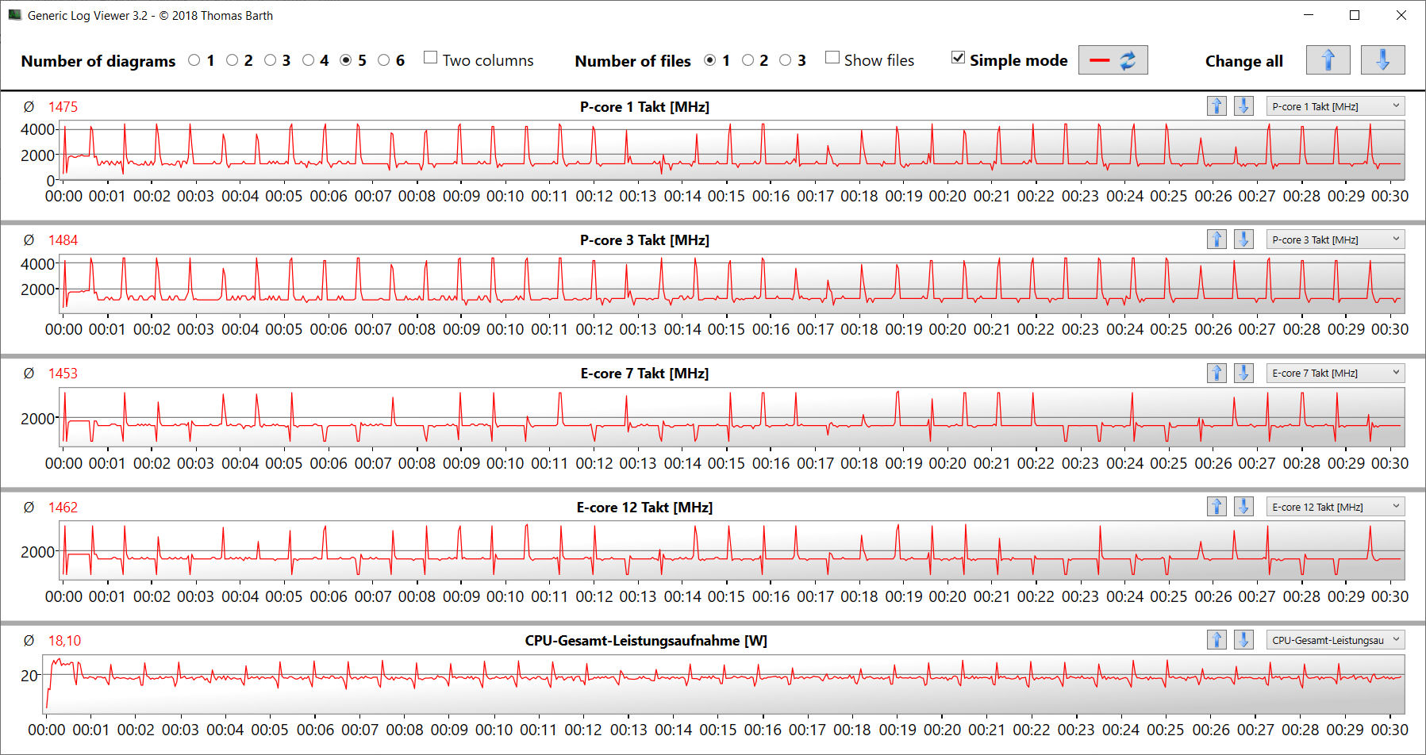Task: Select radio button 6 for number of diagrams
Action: coord(384,60)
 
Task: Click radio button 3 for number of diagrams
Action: coord(271,60)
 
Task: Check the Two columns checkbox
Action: coord(431,58)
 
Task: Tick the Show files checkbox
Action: coord(832,58)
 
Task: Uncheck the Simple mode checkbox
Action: coord(959,58)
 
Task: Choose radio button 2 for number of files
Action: coord(748,60)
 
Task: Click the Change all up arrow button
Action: coord(1328,60)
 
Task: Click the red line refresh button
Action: coord(1113,60)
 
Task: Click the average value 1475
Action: coord(63,107)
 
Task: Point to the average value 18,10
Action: coord(64,641)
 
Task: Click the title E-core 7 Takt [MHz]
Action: coord(644,374)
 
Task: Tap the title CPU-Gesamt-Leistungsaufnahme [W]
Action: coord(646,641)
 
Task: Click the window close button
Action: coord(1401,15)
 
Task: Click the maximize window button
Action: coord(1355,15)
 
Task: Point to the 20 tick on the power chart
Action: coord(29,676)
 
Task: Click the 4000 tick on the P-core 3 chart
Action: coord(37,264)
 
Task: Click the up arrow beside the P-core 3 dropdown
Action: coord(1217,240)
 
